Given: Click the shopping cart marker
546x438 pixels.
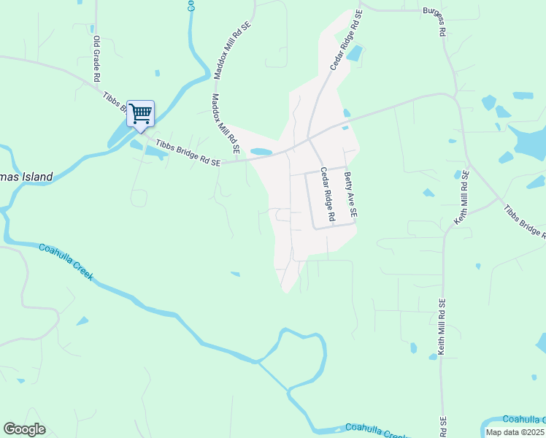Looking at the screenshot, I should click(x=140, y=114).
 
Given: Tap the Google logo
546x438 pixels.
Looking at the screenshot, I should click(x=24, y=429).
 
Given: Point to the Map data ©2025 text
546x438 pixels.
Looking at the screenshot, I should click(x=515, y=432).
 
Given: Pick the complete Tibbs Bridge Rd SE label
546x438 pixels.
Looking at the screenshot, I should click(x=186, y=153).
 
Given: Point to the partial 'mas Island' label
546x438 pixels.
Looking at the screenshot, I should click(x=26, y=177).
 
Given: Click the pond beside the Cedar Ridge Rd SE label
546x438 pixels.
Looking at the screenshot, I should click(x=355, y=53).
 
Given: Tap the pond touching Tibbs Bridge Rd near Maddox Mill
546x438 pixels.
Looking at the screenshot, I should click(x=261, y=152).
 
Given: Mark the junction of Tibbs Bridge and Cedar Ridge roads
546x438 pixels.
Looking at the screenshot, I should click(x=309, y=138).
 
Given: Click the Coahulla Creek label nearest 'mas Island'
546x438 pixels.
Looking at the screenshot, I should click(x=66, y=261).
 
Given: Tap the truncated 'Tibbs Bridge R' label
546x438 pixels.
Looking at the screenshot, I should click(x=524, y=220).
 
